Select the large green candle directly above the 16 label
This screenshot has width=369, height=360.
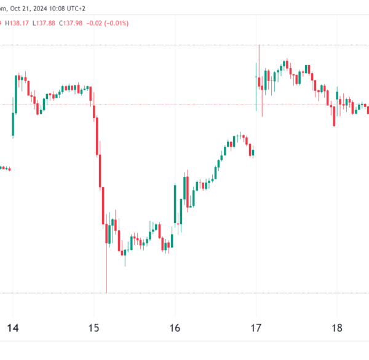(175, 203)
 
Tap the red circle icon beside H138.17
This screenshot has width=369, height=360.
(2, 23)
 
